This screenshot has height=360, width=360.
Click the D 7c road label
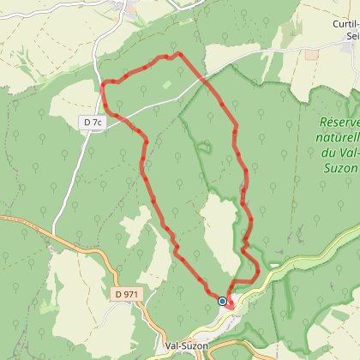[x=93, y=123]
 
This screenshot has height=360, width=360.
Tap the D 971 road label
[x=125, y=294]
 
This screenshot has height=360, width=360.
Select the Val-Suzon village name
[x=185, y=346]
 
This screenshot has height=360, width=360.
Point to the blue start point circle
[x=222, y=301]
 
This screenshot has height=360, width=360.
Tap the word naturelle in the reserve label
[x=335, y=138]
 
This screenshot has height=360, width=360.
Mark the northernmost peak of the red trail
[x=178, y=53]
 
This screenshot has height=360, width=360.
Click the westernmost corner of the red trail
[x=102, y=84]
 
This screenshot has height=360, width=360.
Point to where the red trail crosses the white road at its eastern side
[x=207, y=79]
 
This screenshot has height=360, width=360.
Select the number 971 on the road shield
[x=129, y=294]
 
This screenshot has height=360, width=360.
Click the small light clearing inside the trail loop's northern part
[x=167, y=85]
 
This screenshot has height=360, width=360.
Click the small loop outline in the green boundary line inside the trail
[x=204, y=146]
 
